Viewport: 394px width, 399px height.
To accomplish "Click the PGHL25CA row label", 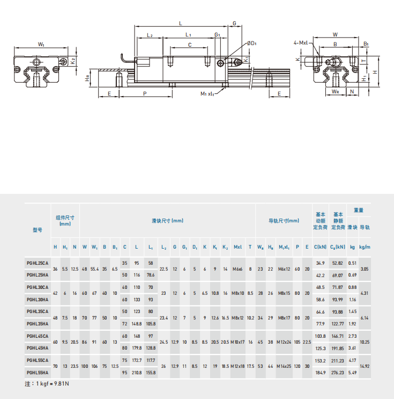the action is (x=38, y=263).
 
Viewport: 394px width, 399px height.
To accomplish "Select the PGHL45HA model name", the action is (x=38, y=348).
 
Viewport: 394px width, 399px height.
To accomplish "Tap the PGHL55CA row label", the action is (x=38, y=360).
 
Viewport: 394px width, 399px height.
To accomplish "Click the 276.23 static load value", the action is (x=337, y=373).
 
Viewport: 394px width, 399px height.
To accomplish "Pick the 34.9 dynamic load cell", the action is (x=320, y=263).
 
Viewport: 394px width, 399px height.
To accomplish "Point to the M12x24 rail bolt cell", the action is (x=284, y=342).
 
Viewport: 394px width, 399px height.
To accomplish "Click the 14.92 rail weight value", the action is (x=365, y=366).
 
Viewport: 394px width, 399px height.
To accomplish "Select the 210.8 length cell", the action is (x=137, y=373).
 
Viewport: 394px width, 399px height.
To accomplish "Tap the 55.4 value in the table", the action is (x=94, y=269).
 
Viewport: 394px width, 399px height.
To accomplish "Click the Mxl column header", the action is (x=237, y=247).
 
